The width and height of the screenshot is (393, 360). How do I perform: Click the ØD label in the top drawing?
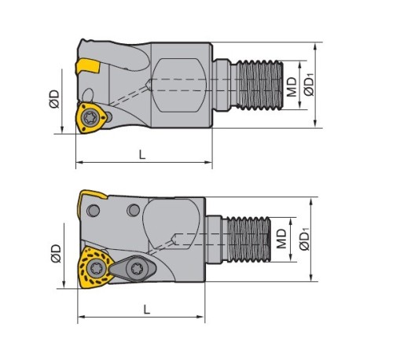(54, 99)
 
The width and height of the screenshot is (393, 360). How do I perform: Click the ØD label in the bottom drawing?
(56, 253)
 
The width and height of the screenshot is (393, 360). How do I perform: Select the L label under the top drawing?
(142, 155)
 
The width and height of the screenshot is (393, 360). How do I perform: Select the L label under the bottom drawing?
(147, 310)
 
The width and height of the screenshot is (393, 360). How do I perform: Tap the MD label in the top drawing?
(292, 86)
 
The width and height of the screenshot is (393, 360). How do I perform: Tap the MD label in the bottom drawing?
(281, 239)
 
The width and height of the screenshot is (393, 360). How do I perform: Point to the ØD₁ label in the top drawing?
(310, 85)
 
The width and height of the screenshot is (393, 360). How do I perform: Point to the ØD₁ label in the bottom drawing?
(305, 239)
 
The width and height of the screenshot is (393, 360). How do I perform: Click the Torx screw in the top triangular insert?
(90, 119)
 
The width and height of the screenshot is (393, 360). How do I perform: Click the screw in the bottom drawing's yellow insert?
(95, 268)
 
